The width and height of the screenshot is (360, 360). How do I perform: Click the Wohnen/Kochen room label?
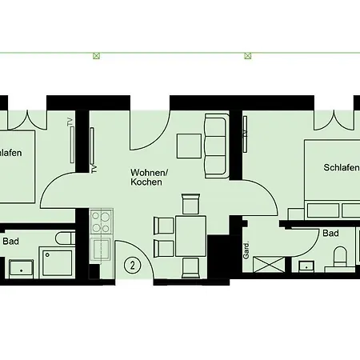tap(149, 177)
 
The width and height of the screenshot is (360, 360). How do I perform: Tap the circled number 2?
tap(132, 266)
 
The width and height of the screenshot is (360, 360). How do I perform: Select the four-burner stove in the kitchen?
tap(102, 222)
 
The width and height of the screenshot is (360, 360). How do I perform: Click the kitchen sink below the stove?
tap(101, 248)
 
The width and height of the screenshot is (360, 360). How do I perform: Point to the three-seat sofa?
tap(217, 146)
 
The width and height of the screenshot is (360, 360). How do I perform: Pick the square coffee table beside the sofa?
tap(189, 146)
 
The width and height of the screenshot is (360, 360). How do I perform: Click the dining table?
tap(190, 237)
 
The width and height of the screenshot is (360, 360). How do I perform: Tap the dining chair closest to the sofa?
tap(190, 204)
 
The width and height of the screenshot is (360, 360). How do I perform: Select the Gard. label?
tap(246, 250)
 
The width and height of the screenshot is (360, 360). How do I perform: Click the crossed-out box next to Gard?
tap(268, 264)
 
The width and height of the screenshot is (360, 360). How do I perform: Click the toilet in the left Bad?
tap(66, 238)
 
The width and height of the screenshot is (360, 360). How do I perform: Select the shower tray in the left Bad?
tap(57, 262)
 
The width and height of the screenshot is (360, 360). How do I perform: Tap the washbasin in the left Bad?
tap(22, 269)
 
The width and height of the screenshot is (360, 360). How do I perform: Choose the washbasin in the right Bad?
tap(306, 266)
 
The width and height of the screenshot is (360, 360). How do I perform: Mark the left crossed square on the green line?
tap(96, 56)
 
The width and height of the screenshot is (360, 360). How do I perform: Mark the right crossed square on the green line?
tap(248, 56)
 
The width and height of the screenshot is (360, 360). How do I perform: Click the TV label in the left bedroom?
tap(70, 122)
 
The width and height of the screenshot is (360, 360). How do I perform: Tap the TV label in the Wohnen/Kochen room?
tap(94, 170)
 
